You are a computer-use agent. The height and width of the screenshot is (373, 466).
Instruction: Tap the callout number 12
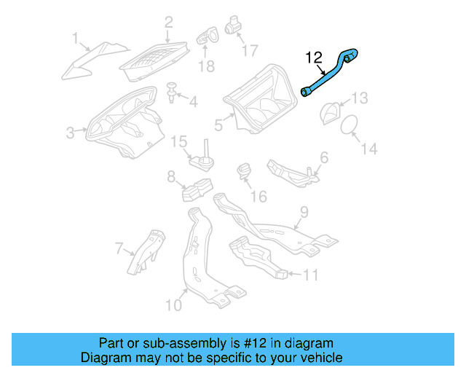pos(313,57)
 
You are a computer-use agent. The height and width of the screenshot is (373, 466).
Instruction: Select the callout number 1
pos(75,37)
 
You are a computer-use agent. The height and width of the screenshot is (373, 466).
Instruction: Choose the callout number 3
pos(70,133)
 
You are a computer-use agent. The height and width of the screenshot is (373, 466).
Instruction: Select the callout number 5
pos(218,125)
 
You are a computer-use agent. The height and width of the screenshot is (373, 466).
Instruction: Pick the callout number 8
pos(171,176)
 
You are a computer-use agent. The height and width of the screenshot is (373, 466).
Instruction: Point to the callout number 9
pos(304,212)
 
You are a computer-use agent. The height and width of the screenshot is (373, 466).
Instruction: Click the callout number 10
pos(173,304)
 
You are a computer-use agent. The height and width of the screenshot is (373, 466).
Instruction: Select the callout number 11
pos(310,275)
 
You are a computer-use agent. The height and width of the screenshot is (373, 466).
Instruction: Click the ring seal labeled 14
pos(349,123)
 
